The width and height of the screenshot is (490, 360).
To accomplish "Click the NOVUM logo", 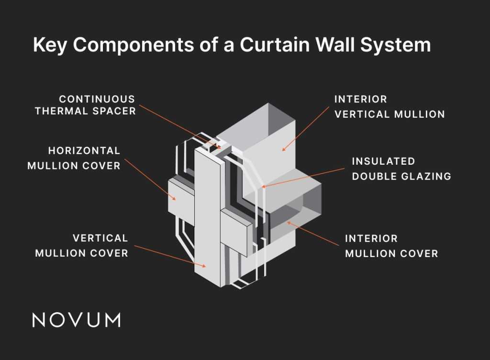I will coord(76,320).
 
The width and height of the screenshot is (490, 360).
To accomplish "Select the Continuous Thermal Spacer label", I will coord(97,105).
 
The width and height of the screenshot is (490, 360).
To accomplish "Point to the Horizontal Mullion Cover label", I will coord(74,158).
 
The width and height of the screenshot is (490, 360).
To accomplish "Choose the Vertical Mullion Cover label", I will coord(81,245).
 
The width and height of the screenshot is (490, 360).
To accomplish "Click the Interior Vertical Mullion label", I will coord(389,107).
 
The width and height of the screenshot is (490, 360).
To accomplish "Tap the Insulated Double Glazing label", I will coord(401,169).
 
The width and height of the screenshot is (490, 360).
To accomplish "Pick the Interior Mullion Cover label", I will coord(391,246).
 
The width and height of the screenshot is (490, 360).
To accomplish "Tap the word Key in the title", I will coord(49,45).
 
